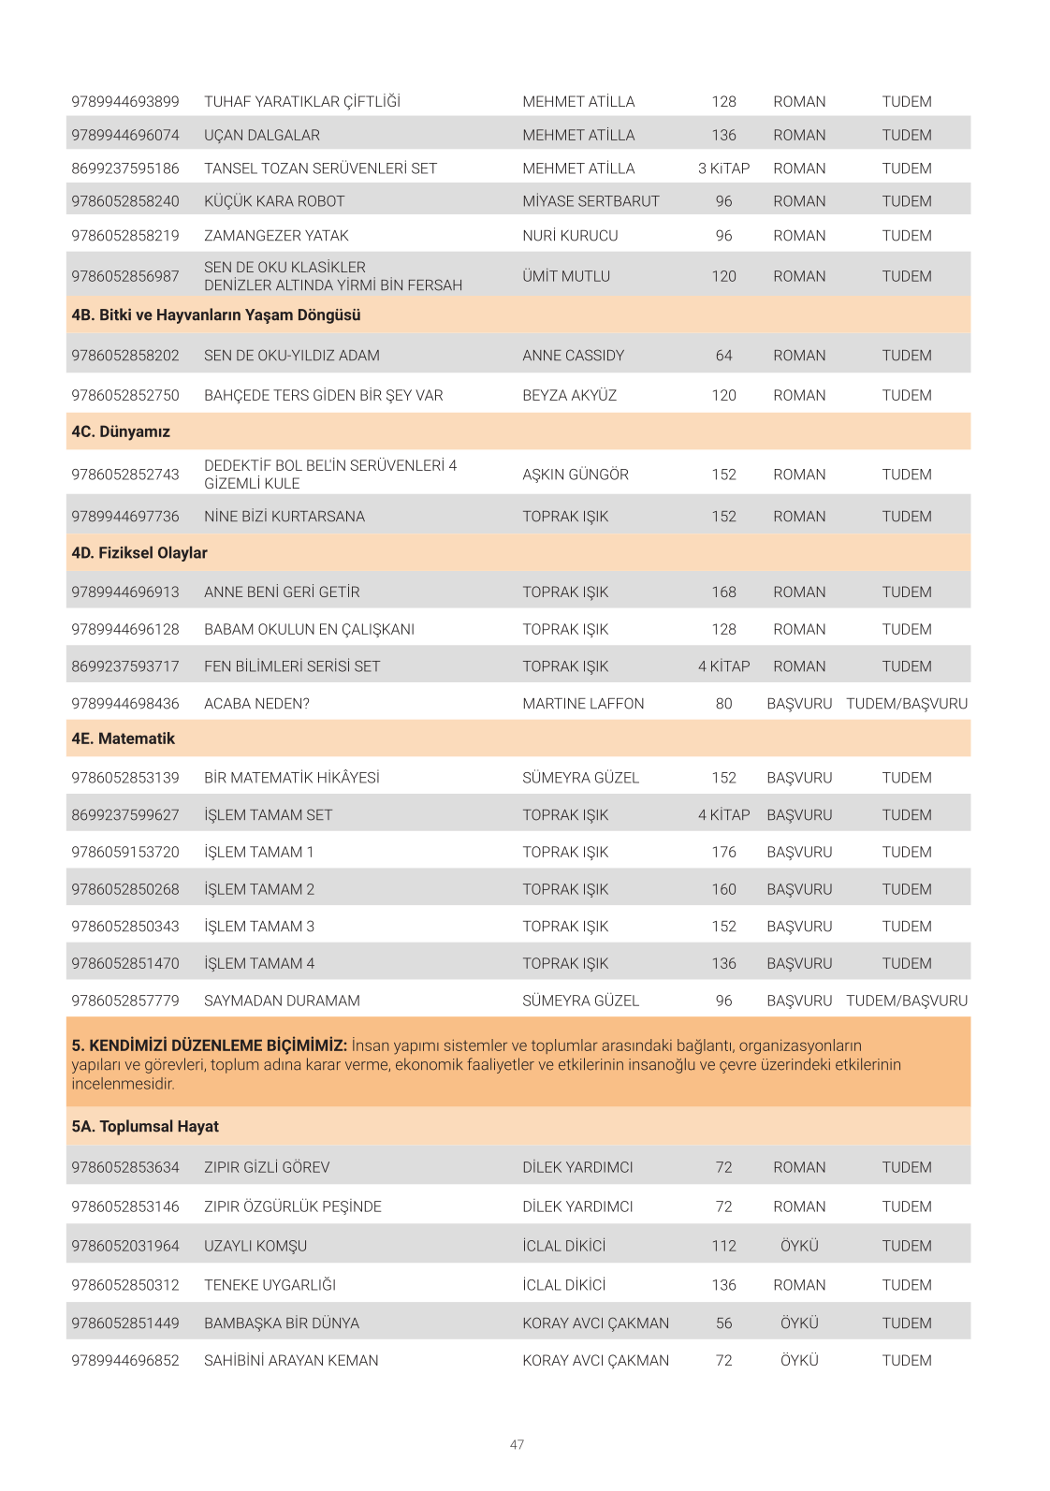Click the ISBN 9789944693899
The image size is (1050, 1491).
pos(125,102)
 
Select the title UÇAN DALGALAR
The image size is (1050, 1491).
pos(262,136)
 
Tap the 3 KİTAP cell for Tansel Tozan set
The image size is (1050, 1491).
pos(723,168)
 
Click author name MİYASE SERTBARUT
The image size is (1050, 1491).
pos(591,201)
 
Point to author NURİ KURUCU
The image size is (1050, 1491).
pos(570,236)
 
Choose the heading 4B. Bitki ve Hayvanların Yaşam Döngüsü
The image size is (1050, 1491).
pos(216,315)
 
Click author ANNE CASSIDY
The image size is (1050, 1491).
pos(573,356)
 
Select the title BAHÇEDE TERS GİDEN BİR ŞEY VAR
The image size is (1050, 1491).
pos(324,396)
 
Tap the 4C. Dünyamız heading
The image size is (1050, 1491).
pos(121,432)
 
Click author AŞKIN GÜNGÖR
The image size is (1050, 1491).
pos(576,475)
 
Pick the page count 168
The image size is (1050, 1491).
pos(723,592)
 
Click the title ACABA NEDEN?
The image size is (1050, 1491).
pos(256,704)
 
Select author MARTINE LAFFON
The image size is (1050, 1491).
pos(583,704)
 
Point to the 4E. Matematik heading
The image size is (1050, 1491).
pos(124,739)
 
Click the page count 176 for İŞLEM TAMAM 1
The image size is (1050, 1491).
pos(723,853)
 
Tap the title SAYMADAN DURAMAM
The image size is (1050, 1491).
pos(282,1001)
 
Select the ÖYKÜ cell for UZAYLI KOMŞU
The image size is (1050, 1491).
pos(799,1247)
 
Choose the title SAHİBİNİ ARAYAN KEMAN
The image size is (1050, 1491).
pos(291,1361)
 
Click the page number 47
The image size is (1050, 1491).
pos(517,1445)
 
